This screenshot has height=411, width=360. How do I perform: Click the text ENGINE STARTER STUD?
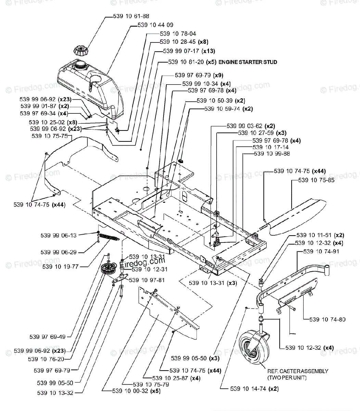coord(248,62)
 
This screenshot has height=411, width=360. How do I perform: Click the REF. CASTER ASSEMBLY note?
coord(298,374)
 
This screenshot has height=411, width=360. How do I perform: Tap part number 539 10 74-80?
coord(327,320)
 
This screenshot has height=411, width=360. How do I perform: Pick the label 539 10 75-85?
coord(317,180)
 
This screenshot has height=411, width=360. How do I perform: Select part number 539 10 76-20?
coord(46,359)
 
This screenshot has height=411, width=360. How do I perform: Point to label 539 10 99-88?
coord(272,154)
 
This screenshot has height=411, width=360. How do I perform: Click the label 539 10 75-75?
coord(49,136)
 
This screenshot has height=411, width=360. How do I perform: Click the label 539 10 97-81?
coord(147,280)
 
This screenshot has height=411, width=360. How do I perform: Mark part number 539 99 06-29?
coord(59,252)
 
